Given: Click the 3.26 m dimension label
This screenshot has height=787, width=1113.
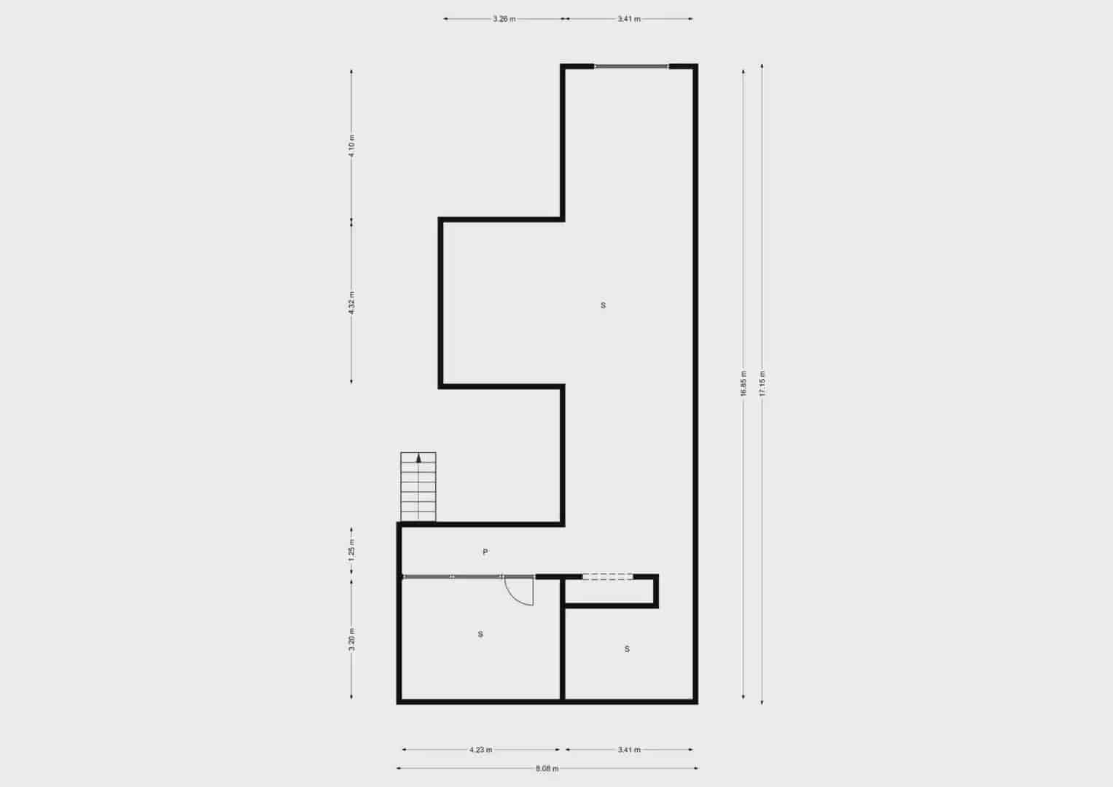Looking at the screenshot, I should [x=504, y=19].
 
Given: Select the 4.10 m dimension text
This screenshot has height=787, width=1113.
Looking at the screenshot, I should [x=351, y=146].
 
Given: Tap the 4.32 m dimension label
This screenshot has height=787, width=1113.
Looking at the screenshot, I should [x=351, y=302].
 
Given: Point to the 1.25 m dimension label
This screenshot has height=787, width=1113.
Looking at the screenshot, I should [x=351, y=548].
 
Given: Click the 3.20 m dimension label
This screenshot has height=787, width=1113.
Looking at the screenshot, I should [x=351, y=640].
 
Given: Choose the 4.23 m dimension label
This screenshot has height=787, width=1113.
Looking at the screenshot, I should [x=480, y=749].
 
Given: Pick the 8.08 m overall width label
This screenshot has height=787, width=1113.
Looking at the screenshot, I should [x=547, y=768].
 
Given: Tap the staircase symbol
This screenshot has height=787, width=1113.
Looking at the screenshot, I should [x=418, y=487].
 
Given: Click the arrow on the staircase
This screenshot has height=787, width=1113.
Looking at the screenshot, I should [x=418, y=458].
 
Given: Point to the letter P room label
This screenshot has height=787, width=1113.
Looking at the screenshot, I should [x=485, y=552].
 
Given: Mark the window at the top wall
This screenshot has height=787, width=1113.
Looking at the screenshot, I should [x=631, y=66].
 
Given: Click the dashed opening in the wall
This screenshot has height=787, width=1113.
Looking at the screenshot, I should [x=607, y=576].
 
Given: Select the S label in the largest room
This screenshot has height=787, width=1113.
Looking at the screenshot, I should [x=603, y=305].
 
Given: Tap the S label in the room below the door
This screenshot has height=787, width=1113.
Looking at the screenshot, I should [x=480, y=634].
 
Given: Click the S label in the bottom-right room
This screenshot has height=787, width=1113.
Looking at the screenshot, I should [x=627, y=649].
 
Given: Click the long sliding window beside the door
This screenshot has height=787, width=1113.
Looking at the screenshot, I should [x=452, y=576].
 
